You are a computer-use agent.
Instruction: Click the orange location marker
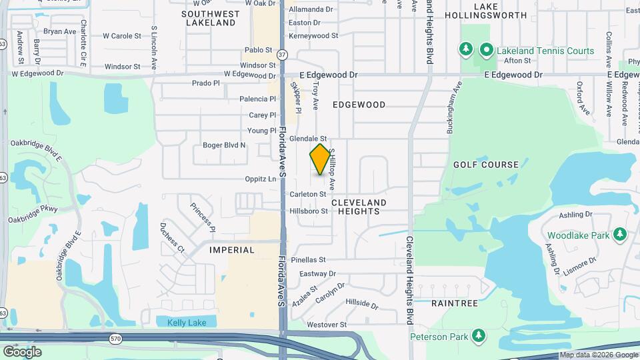point(320,159)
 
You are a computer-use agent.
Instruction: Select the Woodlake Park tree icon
point(620,235)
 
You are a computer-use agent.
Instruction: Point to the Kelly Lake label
point(187,323)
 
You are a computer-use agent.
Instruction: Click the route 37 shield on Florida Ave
point(283,53)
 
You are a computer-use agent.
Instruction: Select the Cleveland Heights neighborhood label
point(359,207)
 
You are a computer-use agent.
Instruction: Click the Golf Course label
point(485,165)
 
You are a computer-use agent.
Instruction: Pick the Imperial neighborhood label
point(232,250)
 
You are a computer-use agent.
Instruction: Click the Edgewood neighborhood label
point(359,105)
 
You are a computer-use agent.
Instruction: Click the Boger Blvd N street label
point(224,145)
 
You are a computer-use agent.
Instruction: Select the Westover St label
point(327,325)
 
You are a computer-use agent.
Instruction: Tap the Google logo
point(23,351)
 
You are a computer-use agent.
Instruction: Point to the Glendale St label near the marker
point(307,138)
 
